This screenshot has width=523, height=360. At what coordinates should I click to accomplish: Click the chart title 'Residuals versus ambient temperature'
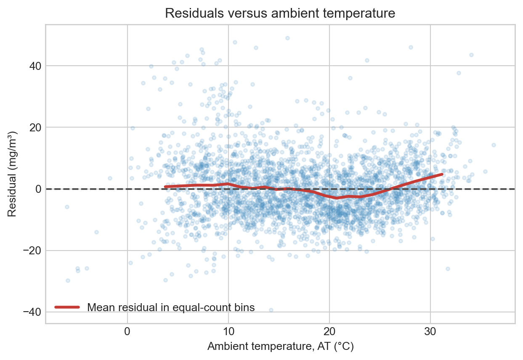pos(280,13)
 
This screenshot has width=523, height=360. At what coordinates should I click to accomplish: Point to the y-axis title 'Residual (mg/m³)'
pos(12,174)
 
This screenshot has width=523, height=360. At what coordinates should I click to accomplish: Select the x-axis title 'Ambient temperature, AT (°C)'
pos(280,346)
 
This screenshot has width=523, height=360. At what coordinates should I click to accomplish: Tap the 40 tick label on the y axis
pos(35,66)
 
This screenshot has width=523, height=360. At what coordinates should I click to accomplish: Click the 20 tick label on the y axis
pos(35,128)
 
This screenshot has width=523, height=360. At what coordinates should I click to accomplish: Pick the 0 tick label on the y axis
pos(39,189)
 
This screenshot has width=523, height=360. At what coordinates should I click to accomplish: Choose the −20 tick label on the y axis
pos(32,251)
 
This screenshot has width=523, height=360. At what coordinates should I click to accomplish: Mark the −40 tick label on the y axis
pos(32,312)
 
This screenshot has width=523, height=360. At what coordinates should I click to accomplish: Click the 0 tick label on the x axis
pos(127,331)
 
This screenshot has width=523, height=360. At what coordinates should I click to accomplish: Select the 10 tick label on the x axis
pos(228,331)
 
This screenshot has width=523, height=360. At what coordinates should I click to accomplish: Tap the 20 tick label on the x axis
pos(329,331)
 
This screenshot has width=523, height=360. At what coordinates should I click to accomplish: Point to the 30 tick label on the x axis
pos(430,331)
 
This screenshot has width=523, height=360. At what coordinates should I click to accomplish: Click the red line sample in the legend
pos(67,307)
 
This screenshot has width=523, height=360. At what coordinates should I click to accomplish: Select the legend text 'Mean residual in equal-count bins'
pos(171,307)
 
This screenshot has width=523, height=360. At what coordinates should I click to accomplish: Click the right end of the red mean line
pos(442,174)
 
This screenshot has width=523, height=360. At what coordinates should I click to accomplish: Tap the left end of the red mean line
pos(165,187)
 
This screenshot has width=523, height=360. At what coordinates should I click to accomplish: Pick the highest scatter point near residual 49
pos(287,38)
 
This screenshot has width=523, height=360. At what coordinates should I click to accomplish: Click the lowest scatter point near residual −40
pos(271,310)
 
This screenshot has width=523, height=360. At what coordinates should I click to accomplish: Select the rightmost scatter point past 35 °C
pos(494,145)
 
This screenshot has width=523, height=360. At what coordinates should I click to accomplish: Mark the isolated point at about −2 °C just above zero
pos(110,178)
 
